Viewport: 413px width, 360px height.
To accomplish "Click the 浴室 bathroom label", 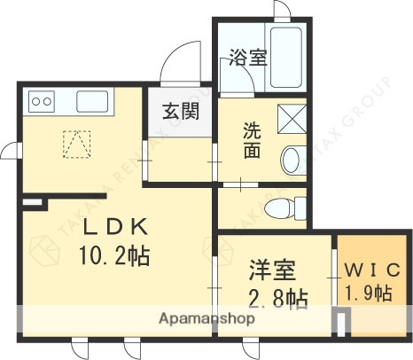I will [x=248, y=59].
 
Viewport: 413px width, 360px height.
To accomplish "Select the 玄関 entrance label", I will [x=180, y=113].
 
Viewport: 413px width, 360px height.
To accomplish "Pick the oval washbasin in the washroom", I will [x=292, y=161].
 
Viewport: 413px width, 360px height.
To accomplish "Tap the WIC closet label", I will [x=372, y=268].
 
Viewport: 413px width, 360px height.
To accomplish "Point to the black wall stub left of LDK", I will [x=33, y=205].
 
